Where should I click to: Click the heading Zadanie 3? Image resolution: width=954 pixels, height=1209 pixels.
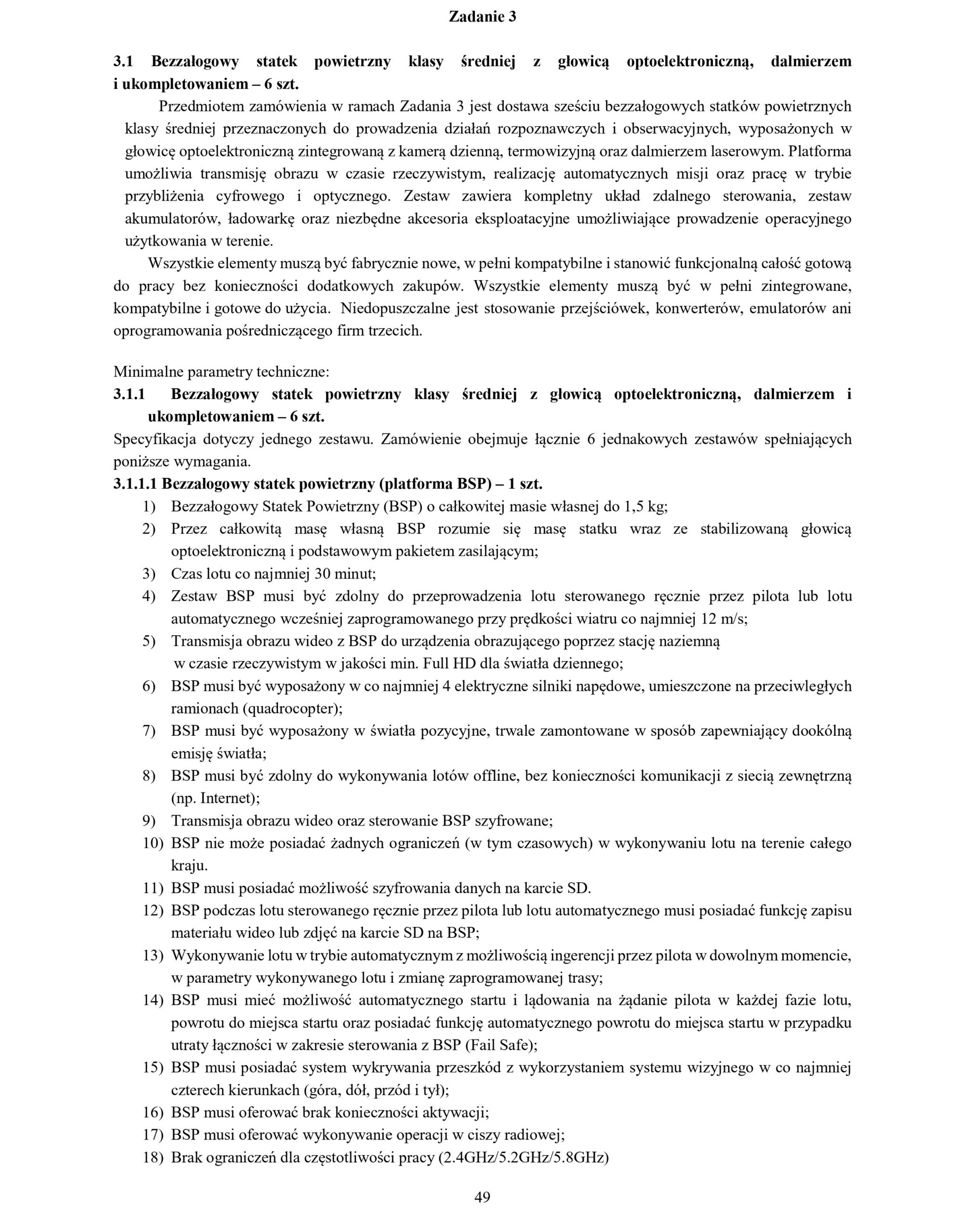(482, 17)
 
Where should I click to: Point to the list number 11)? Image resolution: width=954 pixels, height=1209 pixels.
(152, 888)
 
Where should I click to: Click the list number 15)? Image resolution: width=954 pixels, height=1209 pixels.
(152, 1068)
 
